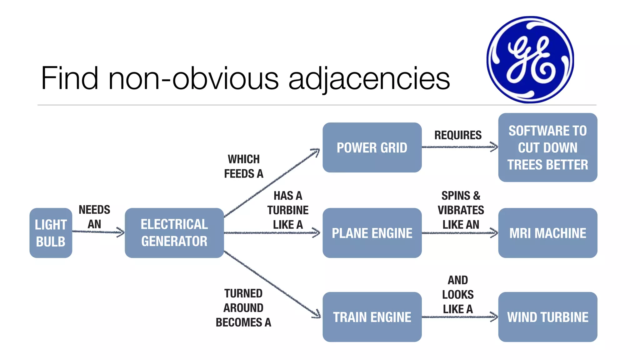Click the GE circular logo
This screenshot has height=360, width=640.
tap(530, 59)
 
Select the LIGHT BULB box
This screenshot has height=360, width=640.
tap(51, 233)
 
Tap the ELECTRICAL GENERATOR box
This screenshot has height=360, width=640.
tap(174, 233)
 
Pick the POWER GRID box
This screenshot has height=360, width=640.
tap(372, 147)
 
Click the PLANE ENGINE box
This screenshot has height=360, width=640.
tap(372, 233)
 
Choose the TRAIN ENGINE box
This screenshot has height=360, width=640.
tap(372, 317)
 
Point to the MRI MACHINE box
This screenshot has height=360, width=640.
tap(547, 233)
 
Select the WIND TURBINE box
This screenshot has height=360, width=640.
tap(547, 317)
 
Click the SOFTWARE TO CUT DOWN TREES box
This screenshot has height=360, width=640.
tap(547, 147)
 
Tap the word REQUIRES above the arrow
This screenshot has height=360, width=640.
tap(458, 135)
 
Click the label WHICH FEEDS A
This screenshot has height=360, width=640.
tap(243, 166)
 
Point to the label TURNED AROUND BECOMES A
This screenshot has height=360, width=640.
tap(243, 308)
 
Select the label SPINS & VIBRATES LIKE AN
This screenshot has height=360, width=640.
tap(461, 210)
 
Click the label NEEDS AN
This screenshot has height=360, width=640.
tap(94, 217)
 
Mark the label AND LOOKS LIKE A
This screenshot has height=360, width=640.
tap(458, 294)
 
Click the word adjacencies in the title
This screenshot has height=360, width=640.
tap(369, 79)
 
